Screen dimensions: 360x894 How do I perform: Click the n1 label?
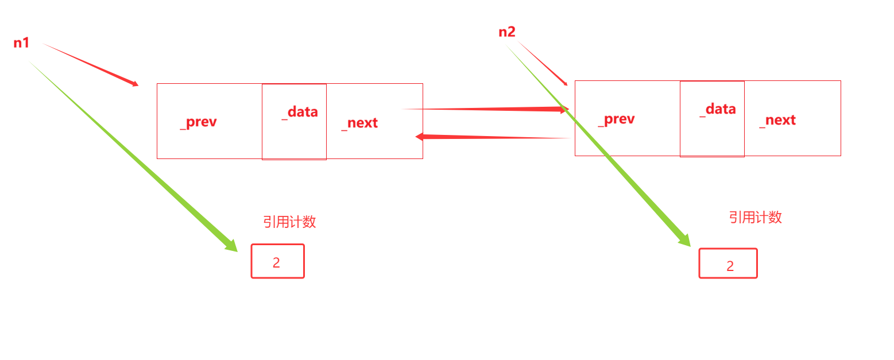(x=21, y=42)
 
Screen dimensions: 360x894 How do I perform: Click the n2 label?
(x=506, y=32)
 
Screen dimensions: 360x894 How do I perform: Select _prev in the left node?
(x=198, y=122)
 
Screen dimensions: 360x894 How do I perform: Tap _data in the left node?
(x=300, y=112)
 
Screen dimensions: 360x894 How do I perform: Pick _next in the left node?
(x=359, y=123)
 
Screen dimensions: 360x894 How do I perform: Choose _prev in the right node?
(x=616, y=119)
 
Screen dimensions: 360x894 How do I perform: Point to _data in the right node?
(x=718, y=109)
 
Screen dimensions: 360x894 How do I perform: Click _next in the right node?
(x=777, y=120)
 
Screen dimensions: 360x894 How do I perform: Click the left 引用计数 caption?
(x=289, y=222)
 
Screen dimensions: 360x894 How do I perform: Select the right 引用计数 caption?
(x=755, y=217)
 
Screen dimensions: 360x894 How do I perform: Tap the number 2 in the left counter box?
(x=276, y=262)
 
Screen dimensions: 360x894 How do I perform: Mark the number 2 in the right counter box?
(x=730, y=266)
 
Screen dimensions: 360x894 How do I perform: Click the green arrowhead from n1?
(x=231, y=246)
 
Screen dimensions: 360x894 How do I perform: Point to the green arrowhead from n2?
(x=684, y=241)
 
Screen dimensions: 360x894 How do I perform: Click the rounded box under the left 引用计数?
(x=277, y=261)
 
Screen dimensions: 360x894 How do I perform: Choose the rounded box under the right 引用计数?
(x=727, y=264)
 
